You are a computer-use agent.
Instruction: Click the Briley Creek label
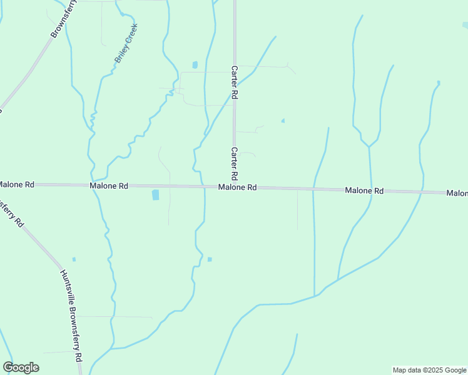tap(126, 44)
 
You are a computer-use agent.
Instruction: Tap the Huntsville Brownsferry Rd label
tap(72, 316)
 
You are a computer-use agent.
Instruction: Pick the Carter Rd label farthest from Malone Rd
tap(235, 82)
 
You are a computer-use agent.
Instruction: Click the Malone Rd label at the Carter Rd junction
tap(238, 187)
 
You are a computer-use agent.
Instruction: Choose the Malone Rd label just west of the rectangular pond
tap(109, 186)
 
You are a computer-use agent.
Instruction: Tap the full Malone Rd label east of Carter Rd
tap(364, 190)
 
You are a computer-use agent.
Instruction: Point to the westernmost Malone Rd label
tap(16, 184)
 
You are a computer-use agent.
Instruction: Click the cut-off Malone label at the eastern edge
tap(457, 193)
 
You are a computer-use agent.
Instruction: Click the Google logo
tap(21, 367)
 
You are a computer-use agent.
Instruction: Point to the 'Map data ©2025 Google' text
tap(429, 370)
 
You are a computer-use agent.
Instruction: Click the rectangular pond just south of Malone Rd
tap(155, 195)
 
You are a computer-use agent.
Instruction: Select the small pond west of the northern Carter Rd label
tap(195, 64)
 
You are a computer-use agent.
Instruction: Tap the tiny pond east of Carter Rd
tap(283, 121)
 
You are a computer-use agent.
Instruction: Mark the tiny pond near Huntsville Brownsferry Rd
tap(74, 259)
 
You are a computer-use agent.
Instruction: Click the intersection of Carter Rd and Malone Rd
tap(235, 187)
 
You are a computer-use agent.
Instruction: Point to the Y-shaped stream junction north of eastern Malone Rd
tap(369, 146)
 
